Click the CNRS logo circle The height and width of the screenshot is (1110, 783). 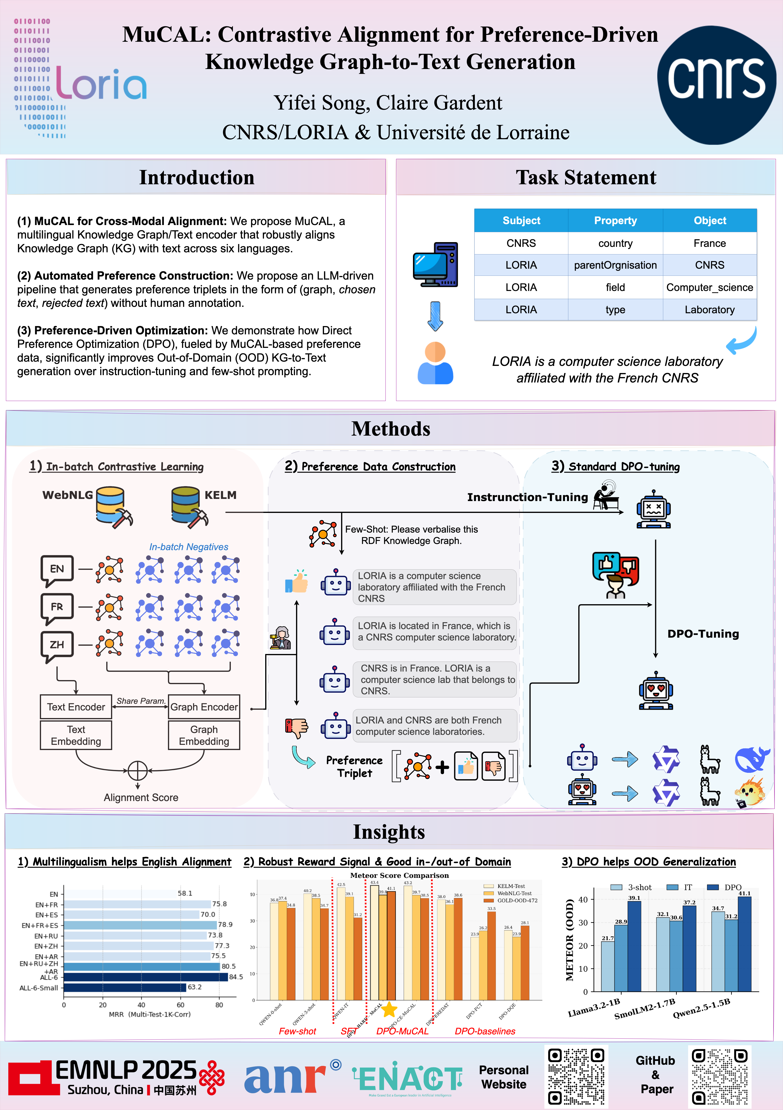[x=716, y=85]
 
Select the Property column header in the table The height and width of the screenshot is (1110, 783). [x=615, y=221]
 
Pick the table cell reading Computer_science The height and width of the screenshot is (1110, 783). [x=709, y=287]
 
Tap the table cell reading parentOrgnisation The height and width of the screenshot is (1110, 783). [x=615, y=265]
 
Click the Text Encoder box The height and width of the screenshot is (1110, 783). [x=76, y=707]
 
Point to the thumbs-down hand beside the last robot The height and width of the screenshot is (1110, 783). [x=297, y=727]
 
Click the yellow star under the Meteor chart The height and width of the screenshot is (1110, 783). [x=389, y=1009]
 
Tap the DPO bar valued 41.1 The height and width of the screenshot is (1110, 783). [x=745, y=944]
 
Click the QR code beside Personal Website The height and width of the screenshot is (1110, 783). [x=576, y=1076]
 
